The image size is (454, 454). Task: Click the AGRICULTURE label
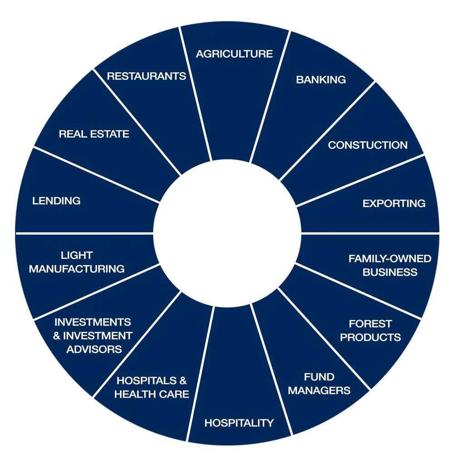pos(234,54)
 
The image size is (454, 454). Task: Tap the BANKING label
pos(321,79)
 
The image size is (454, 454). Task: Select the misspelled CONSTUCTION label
pos(368,145)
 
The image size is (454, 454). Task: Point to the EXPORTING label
pos(394,203)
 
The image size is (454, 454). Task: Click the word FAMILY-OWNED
pos(390,259)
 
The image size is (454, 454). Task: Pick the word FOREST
pos(370,324)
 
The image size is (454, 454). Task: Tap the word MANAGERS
pos(320,390)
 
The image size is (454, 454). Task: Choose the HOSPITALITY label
pos(239,423)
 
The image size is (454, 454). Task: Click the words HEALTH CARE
pos(152,394)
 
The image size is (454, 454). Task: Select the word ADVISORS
pos(94,349)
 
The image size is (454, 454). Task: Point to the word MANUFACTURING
pos(77,269)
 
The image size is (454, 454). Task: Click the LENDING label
pos(56,201)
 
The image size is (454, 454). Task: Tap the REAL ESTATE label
pos(94,134)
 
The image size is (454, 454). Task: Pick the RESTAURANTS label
pos(147,76)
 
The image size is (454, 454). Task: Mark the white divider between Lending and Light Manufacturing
pos(84,233)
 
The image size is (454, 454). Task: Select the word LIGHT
pos(77,255)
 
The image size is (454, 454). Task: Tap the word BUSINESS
pos(390,272)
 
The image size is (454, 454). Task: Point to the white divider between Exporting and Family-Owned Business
pos(370,233)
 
